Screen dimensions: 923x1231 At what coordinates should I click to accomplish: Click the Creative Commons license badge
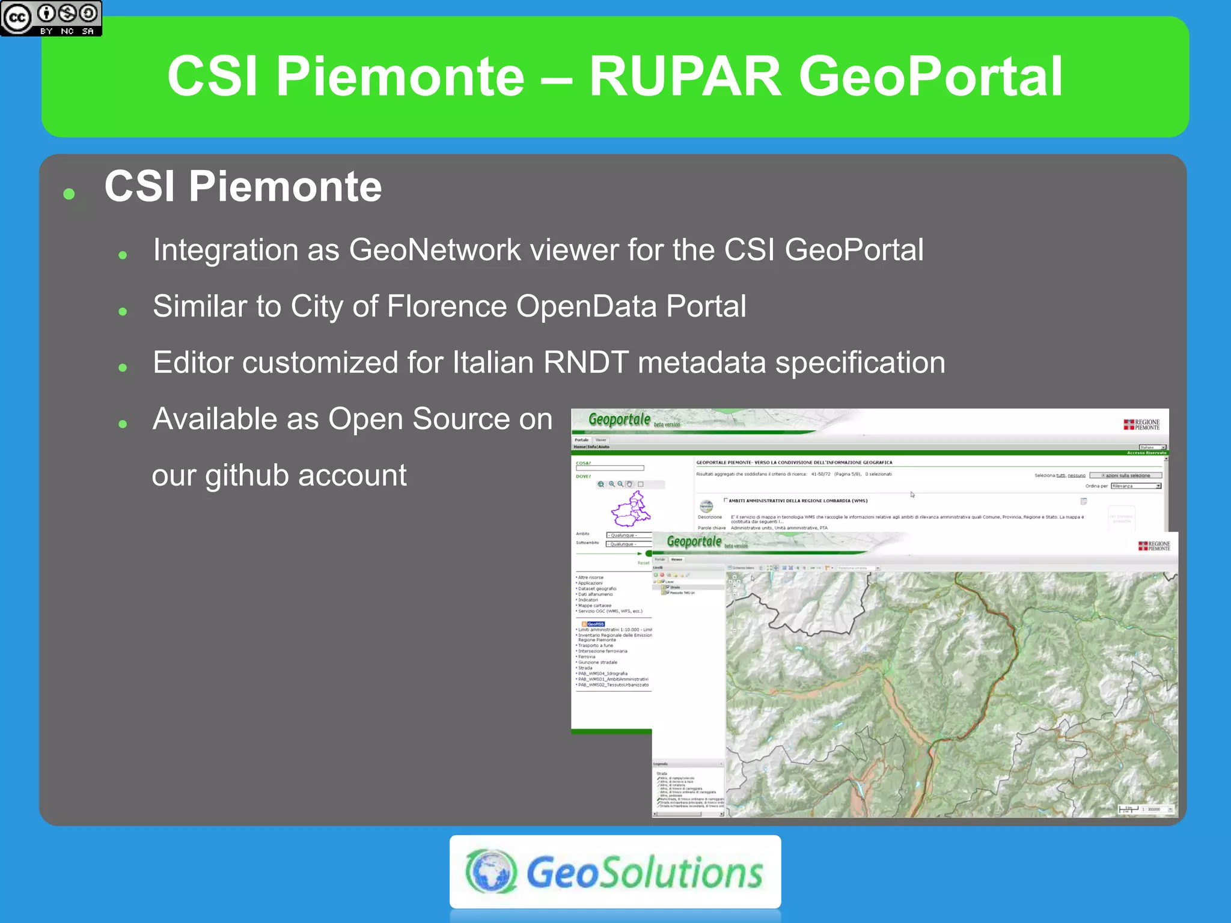click(51, 18)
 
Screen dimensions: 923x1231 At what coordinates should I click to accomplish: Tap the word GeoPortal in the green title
click(930, 76)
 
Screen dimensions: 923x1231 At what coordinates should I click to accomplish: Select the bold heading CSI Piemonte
click(243, 186)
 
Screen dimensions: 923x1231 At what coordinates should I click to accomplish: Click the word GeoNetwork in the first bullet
click(435, 250)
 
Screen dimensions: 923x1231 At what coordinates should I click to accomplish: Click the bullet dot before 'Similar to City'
click(123, 311)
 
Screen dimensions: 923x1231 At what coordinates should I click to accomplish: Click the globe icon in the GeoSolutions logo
click(491, 871)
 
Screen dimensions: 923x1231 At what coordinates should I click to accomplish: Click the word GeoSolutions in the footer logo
click(644, 873)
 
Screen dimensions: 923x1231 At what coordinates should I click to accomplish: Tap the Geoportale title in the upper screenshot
click(619, 419)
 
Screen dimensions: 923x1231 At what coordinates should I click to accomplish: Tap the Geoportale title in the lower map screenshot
click(694, 541)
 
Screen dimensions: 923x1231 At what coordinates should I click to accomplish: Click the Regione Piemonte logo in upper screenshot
click(1141, 424)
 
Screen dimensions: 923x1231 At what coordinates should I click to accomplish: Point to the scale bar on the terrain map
click(1128, 809)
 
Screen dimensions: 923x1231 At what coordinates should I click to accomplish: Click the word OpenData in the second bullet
click(586, 306)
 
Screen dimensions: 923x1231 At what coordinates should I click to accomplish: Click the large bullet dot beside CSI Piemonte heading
click(69, 193)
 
